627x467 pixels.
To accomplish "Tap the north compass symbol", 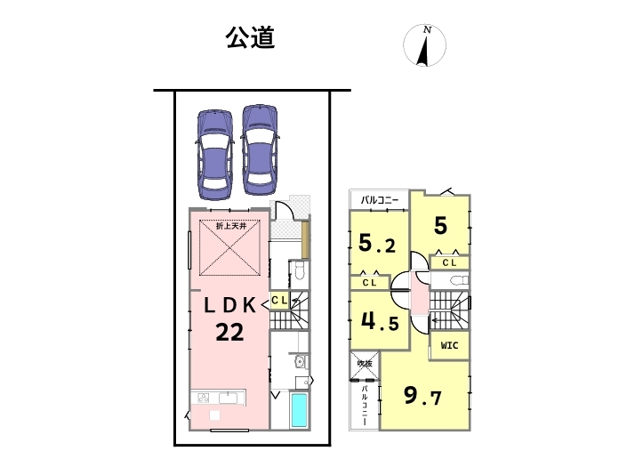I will (x=425, y=46).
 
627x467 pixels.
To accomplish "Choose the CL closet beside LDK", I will (x=278, y=301).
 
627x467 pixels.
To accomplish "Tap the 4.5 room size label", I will (x=377, y=321).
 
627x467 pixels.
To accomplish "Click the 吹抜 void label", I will (x=363, y=363).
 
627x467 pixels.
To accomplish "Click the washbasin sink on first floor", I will (x=299, y=362).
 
